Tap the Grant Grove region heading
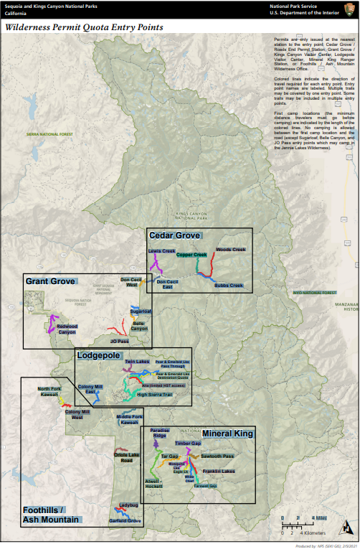[x=51, y=281]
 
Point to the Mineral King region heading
[x=227, y=434]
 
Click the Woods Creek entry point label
[x=230, y=250]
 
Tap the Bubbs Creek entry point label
[x=228, y=286]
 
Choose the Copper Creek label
[x=191, y=255]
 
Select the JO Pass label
[x=119, y=341]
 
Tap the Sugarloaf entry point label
[x=141, y=311]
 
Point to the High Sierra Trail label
[x=155, y=394]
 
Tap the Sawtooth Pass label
[x=217, y=456]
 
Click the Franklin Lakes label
[x=219, y=471]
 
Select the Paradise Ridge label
[x=159, y=433]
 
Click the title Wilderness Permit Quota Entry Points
[x=84, y=27]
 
